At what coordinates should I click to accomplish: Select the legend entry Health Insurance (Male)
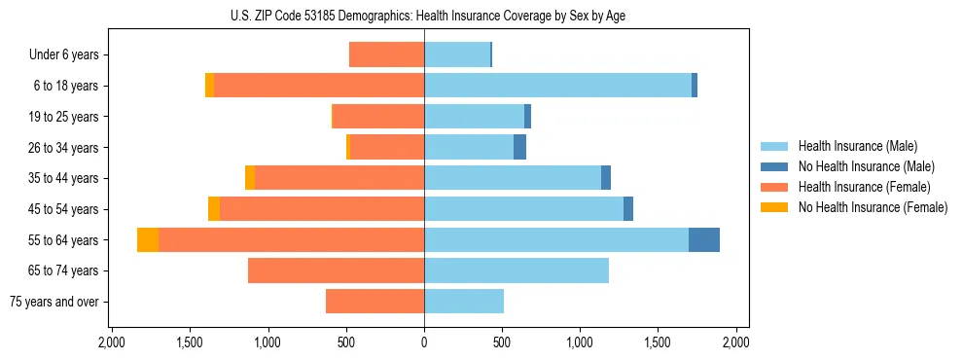click(856, 146)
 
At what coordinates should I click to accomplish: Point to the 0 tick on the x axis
click(424, 342)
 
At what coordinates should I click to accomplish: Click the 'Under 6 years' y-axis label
click(63, 55)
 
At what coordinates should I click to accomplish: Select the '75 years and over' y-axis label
click(53, 302)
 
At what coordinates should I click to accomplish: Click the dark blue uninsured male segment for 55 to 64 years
click(704, 240)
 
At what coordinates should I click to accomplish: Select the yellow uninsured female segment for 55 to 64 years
click(148, 240)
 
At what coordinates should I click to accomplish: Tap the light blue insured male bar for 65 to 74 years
click(517, 270)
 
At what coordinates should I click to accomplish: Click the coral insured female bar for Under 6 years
click(386, 55)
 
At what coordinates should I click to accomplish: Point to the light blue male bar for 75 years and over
click(464, 302)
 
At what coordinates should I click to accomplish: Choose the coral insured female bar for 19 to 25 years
click(378, 117)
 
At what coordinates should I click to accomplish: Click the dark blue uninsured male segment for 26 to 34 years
click(519, 148)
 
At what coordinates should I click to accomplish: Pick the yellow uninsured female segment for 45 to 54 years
click(214, 209)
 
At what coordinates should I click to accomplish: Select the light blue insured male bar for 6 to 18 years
click(557, 86)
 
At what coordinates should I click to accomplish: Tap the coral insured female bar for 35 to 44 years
click(339, 178)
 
